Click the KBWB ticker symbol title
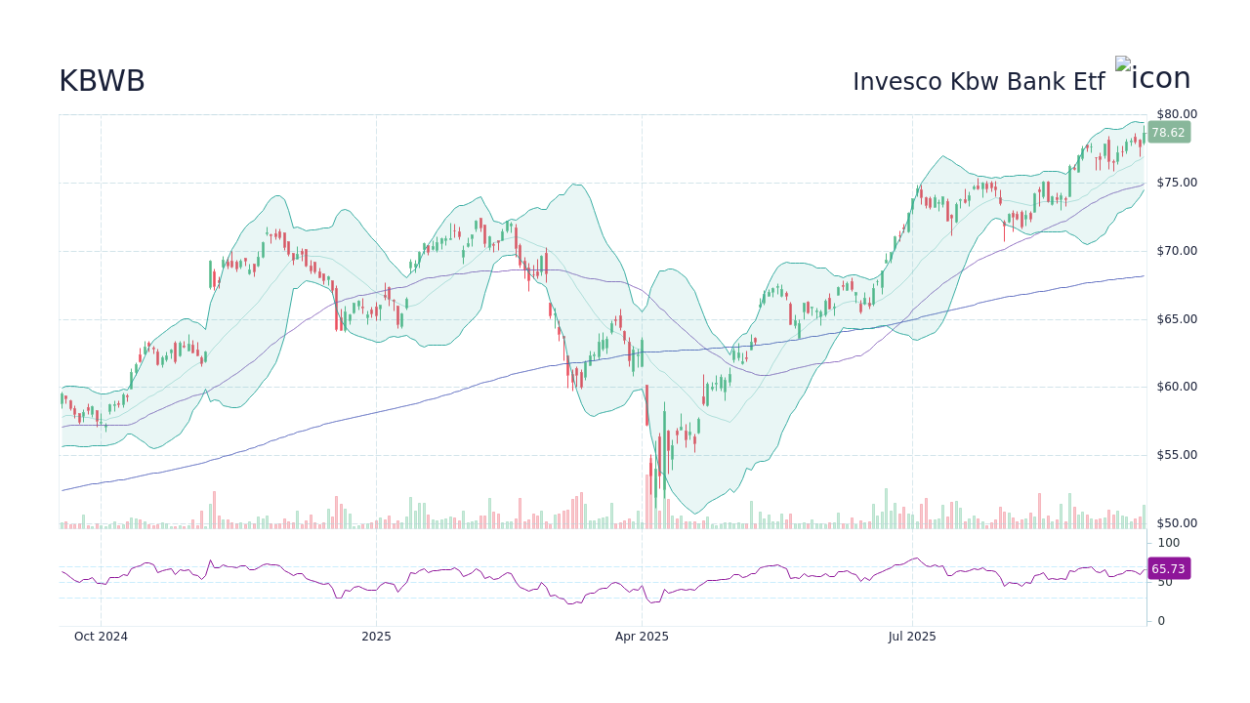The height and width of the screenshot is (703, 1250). (x=102, y=82)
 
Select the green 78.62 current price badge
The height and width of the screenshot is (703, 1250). (x=1168, y=133)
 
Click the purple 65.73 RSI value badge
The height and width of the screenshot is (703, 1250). (x=1168, y=569)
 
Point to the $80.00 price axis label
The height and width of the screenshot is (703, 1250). (x=1177, y=114)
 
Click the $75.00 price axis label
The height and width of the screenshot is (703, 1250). (x=1177, y=183)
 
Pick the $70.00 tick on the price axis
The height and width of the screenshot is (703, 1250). (x=1177, y=251)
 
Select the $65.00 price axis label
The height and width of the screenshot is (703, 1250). (x=1177, y=319)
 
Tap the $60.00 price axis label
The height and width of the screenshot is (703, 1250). (x=1177, y=387)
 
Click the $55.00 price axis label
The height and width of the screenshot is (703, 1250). (x=1177, y=455)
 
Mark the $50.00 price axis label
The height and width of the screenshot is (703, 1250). (x=1177, y=523)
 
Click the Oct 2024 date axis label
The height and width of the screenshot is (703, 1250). (x=101, y=637)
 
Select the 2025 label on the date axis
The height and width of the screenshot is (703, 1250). (x=376, y=637)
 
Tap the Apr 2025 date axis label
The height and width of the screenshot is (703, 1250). (x=642, y=637)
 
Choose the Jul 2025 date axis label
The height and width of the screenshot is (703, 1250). (x=912, y=637)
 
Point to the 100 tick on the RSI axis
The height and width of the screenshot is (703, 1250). (x=1169, y=543)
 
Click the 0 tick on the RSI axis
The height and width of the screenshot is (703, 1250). (x=1161, y=621)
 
